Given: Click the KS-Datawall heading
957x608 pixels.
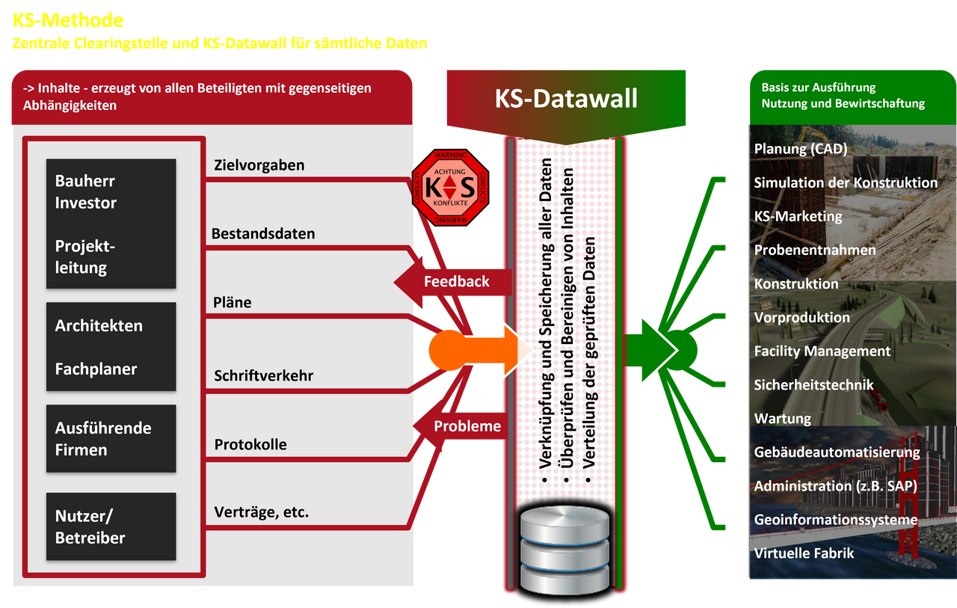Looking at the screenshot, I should coord(566,98).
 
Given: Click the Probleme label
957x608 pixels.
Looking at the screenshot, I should coord(467,426).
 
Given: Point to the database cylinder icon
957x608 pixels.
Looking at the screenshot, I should coord(565,547).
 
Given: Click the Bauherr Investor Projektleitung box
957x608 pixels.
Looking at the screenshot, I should coord(111,224).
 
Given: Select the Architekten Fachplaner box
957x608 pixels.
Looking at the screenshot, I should coord(111,346).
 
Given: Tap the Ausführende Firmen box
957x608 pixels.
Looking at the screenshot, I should coord(111,438).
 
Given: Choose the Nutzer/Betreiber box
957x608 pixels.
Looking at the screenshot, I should coord(111,526).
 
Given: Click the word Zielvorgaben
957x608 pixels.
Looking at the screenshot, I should coord(259,165).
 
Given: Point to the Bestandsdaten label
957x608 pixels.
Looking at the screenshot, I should coord(262,233).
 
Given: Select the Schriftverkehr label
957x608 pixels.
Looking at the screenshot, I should coord(263,375).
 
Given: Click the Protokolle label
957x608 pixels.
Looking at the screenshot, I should coord(250,444).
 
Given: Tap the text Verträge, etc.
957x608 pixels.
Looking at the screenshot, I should coord(261,512).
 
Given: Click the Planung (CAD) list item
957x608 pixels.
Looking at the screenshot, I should coord(800,149).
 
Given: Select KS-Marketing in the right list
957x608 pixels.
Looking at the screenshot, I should coord(798,216).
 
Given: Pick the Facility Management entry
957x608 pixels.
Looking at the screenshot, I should coord(822,351).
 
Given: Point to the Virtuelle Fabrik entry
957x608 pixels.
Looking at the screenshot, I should coord(804,553).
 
